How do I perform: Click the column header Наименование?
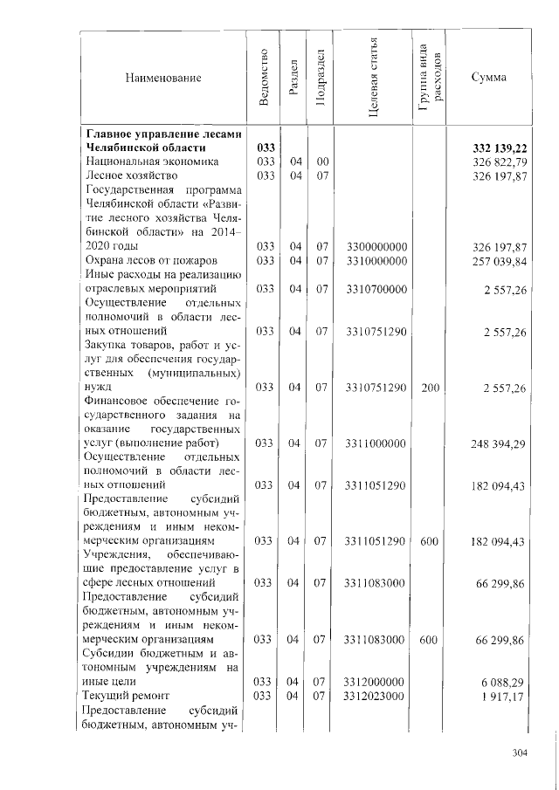coord(163,78)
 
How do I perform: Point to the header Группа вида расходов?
coord(430,78)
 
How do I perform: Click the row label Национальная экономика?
coord(145,162)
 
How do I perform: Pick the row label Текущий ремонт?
coord(125,695)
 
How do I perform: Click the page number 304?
coord(521,753)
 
